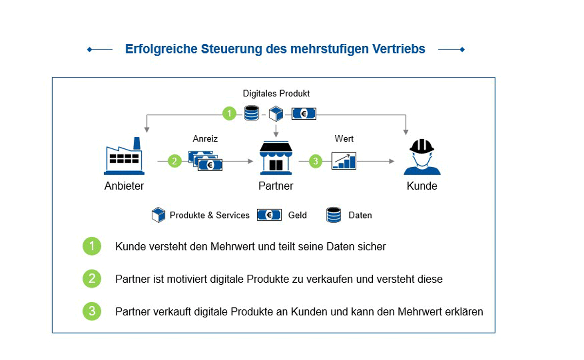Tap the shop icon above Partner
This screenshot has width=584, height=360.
coord(276,158)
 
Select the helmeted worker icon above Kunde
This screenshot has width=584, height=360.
coord(422,157)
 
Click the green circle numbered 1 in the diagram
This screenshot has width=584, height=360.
coord(229,113)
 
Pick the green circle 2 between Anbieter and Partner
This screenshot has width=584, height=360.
coord(174,161)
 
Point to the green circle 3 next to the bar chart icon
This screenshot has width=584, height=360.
coord(315,161)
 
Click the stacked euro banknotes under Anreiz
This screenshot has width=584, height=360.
coord(205,161)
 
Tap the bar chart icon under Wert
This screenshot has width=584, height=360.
coord(344,161)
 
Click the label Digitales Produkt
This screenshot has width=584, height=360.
coord(276,93)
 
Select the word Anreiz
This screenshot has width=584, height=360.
coord(205,139)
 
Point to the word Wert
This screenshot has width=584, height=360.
coord(344,139)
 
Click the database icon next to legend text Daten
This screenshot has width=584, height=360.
coord(333,215)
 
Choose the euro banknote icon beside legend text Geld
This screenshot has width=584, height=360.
coord(269,215)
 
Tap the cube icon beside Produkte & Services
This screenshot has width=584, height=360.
coord(158,215)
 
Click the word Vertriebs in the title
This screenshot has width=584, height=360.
coord(399,49)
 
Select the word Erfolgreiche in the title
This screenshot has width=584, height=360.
coord(161,49)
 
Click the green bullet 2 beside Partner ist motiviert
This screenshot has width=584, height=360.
coord(92,279)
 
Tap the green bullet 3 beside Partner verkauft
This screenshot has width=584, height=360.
coord(92,311)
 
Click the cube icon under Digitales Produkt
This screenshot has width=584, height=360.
coord(276,114)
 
